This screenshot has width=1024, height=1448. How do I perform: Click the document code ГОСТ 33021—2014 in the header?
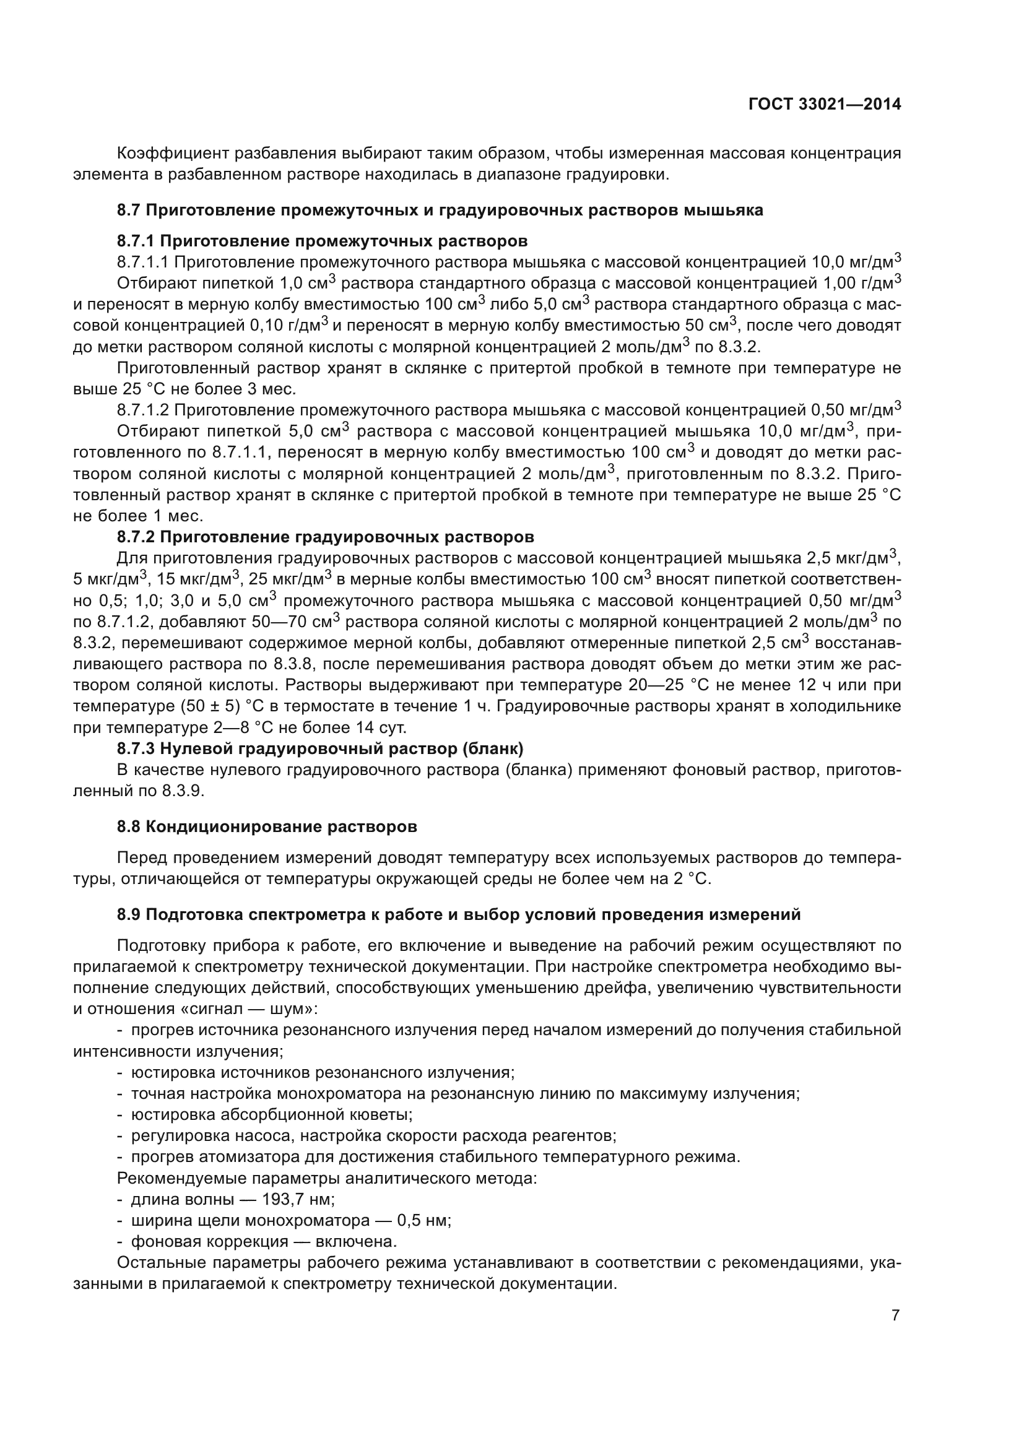pos(824,105)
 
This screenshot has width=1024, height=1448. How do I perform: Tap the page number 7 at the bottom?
pos(895,1316)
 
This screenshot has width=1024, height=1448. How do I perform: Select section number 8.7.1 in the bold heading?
pos(136,241)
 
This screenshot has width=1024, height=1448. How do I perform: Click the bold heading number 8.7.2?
pos(136,537)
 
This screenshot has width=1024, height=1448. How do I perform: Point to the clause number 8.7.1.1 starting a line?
pos(142,262)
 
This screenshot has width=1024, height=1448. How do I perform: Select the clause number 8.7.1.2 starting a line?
pos(142,410)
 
